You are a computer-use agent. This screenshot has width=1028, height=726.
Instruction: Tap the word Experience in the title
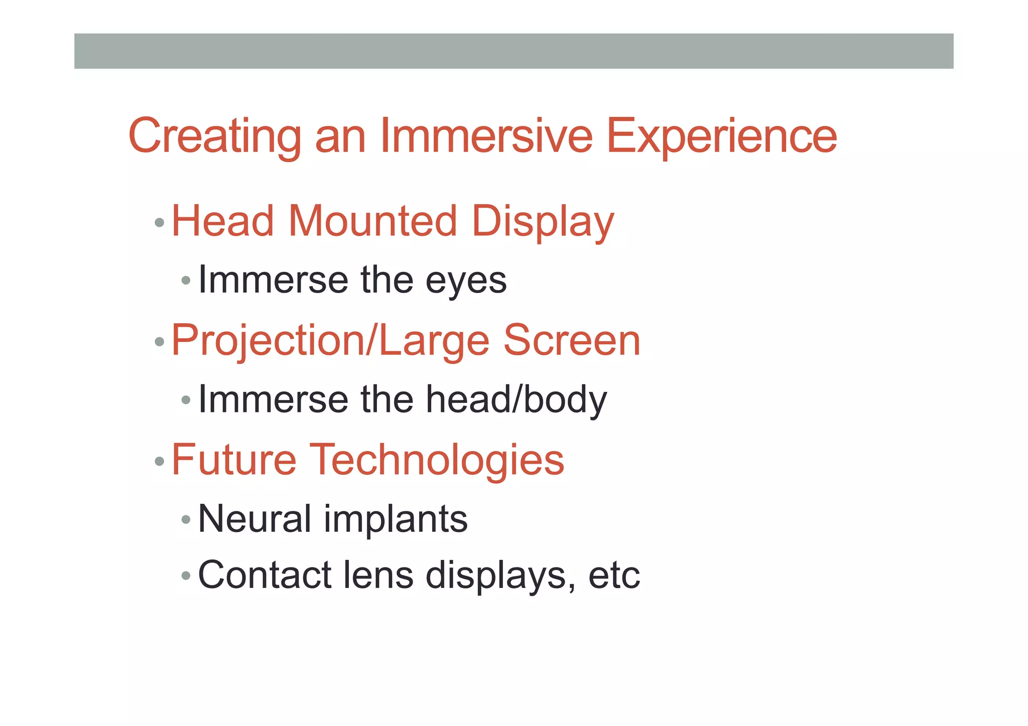point(722,136)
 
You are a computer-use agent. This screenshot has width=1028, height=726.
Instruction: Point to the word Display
point(543,222)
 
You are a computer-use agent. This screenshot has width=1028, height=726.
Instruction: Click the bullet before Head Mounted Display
point(160,222)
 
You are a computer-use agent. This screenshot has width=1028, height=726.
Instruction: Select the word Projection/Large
point(330,341)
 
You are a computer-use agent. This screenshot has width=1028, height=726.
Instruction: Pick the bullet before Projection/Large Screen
point(160,342)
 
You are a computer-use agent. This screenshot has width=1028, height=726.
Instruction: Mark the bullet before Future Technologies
point(160,461)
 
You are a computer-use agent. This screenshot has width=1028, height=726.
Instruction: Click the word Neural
point(254,519)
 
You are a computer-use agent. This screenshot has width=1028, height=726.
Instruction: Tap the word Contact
point(265,575)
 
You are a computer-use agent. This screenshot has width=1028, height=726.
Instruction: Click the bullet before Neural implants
point(186,519)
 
